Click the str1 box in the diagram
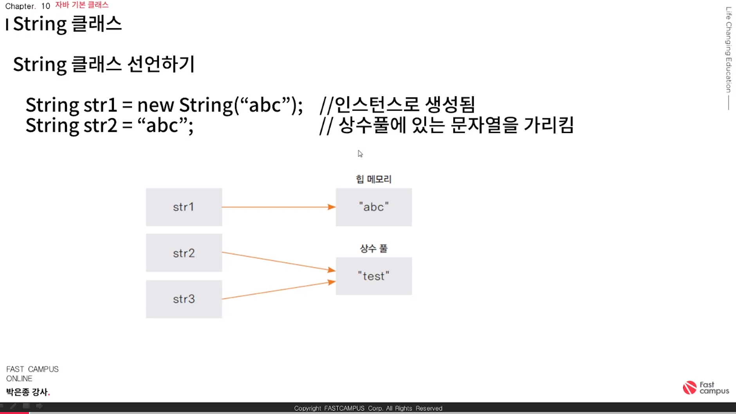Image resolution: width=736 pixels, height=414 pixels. [184, 207]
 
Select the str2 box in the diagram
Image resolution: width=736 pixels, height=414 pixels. [184, 253]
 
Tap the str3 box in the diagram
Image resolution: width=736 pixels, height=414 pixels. [184, 299]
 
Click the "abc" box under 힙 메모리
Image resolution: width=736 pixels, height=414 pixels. [373, 207]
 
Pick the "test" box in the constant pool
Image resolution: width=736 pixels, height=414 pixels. [373, 276]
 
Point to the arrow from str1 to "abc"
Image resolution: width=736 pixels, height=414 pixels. [278, 207]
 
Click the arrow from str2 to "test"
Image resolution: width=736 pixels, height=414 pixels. [278, 261]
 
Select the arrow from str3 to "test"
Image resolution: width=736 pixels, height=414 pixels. [278, 290]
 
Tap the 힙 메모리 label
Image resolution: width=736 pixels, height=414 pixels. [373, 179]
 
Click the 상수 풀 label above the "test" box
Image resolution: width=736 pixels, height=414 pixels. [373, 248]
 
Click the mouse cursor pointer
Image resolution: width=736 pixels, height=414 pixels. [360, 154]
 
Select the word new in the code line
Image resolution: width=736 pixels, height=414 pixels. [155, 105]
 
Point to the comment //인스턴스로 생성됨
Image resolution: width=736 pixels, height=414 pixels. [397, 104]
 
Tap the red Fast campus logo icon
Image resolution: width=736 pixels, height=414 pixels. [689, 388]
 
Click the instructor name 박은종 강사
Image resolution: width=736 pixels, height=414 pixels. [27, 392]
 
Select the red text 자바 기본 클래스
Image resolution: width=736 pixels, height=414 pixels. [82, 5]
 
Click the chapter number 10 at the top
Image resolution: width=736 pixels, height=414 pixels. [45, 6]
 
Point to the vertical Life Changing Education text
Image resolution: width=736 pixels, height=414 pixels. [728, 50]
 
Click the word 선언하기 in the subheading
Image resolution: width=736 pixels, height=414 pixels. [161, 64]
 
